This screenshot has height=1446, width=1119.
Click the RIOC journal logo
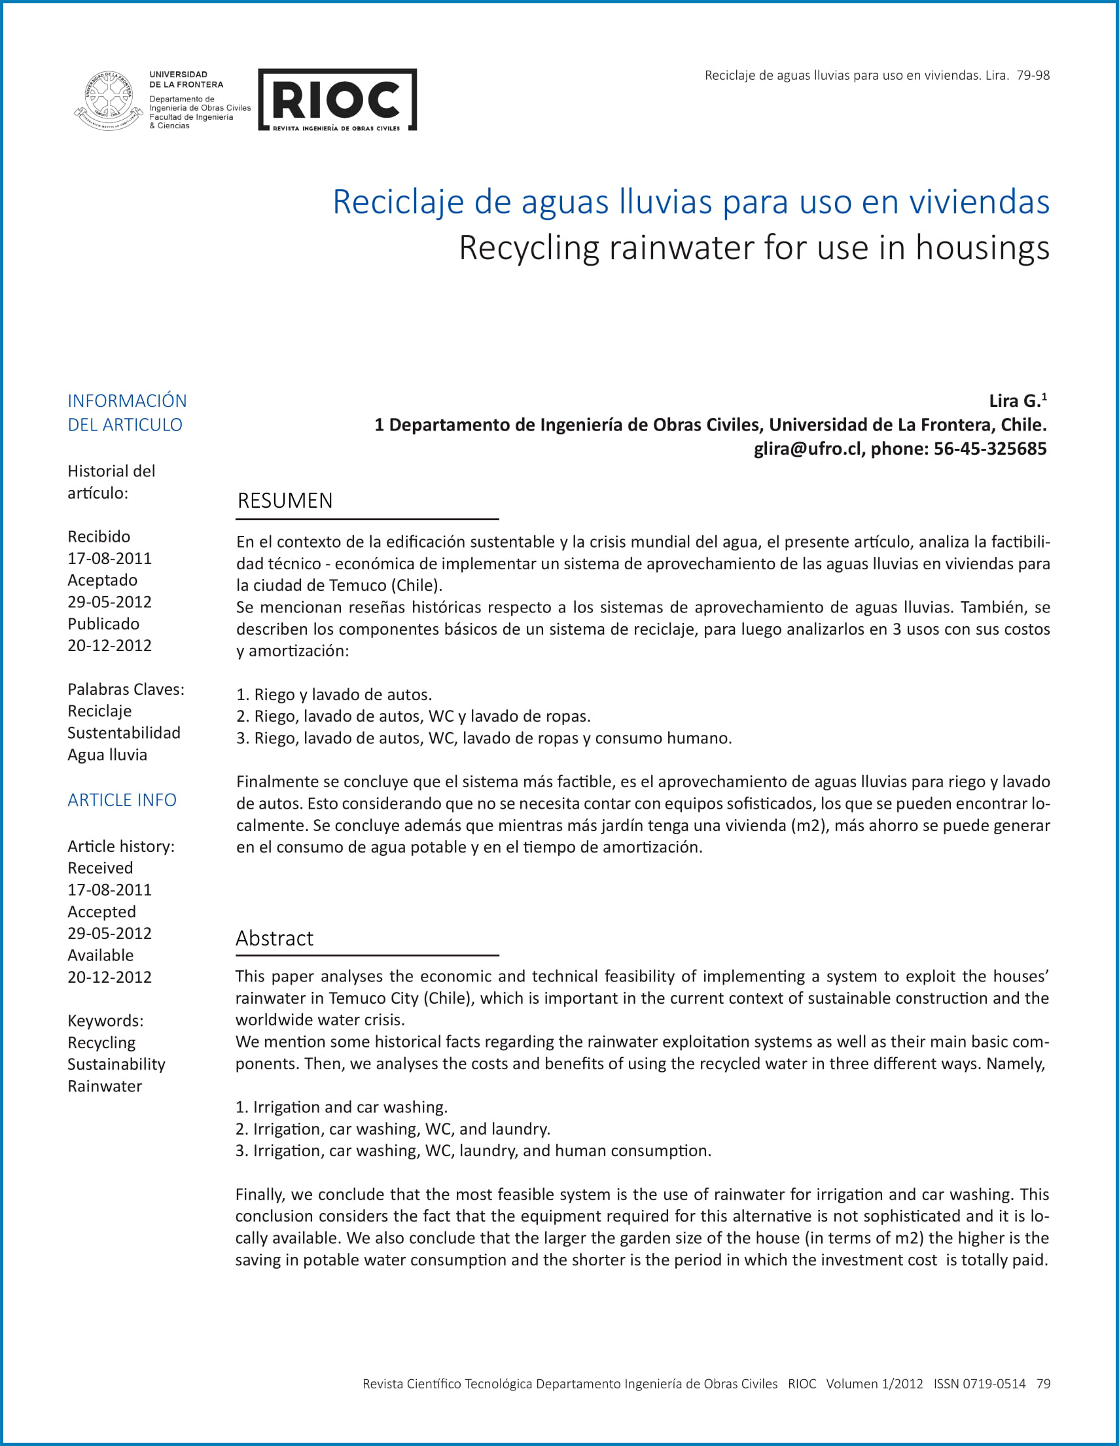(337, 99)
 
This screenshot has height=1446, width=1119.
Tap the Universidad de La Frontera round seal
(109, 100)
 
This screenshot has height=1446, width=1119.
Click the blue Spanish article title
(690, 202)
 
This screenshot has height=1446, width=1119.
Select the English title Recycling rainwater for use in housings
(753, 248)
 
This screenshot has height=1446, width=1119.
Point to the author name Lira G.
(1014, 401)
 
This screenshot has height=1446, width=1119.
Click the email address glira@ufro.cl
(808, 449)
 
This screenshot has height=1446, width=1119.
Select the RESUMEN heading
(285, 501)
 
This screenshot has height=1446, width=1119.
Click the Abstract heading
(274, 938)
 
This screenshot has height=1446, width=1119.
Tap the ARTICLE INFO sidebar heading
(122, 800)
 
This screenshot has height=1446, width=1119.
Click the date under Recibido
(109, 558)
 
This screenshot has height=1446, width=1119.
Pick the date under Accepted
(109, 933)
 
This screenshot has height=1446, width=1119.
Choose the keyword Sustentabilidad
(124, 733)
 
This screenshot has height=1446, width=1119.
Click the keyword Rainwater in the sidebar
(105, 1086)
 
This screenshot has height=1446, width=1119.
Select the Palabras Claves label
(126, 689)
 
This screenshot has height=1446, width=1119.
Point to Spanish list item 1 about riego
(334, 694)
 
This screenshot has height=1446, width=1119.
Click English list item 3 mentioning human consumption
(472, 1151)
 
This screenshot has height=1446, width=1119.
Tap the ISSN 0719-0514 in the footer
(980, 1384)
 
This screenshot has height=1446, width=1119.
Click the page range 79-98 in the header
(1033, 75)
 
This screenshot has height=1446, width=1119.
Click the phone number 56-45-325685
(990, 449)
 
